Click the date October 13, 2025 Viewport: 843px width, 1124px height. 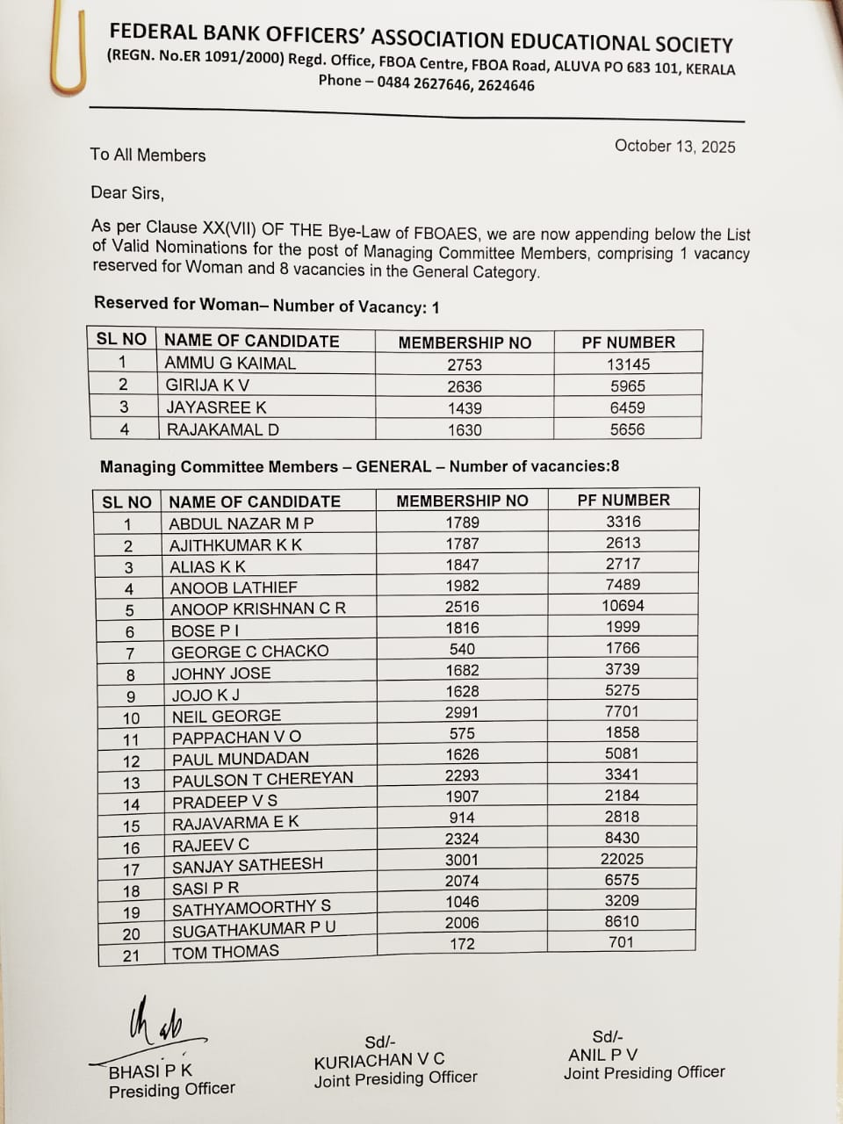(674, 146)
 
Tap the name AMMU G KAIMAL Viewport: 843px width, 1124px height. (230, 363)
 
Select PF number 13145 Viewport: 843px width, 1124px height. (628, 364)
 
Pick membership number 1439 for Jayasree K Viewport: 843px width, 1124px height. (465, 407)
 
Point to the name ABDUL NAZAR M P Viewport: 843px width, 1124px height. (241, 523)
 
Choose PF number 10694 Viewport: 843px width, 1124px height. (623, 606)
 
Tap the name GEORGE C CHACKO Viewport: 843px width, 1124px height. (249, 652)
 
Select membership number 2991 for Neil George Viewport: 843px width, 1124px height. (462, 712)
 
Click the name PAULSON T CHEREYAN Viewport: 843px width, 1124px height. (263, 779)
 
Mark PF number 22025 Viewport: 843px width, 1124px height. (622, 859)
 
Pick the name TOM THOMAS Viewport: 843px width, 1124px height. (226, 952)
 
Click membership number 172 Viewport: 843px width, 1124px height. (462, 944)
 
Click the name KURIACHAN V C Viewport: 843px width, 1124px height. (379, 1060)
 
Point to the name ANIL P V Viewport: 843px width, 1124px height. (602, 1055)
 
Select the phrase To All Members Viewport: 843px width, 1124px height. (148, 155)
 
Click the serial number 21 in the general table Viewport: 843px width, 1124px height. (131, 955)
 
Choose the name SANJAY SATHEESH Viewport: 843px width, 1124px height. (248, 866)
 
